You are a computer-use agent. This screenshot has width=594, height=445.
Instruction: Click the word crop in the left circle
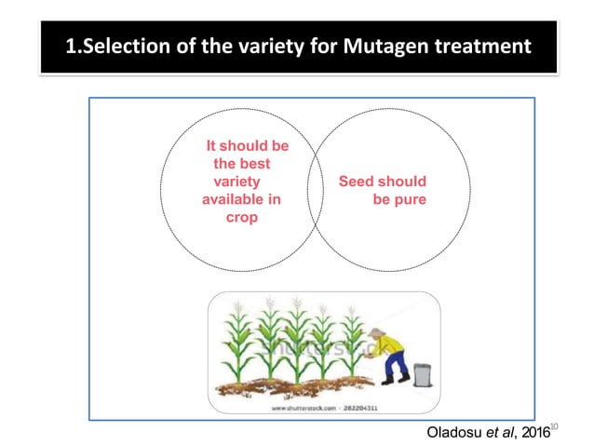pos(241,217)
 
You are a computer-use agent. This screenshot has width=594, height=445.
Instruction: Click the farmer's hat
pos(376,332)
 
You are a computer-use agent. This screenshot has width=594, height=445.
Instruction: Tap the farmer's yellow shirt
pos(392,352)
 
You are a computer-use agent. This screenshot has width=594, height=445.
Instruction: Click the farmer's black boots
pos(396,380)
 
